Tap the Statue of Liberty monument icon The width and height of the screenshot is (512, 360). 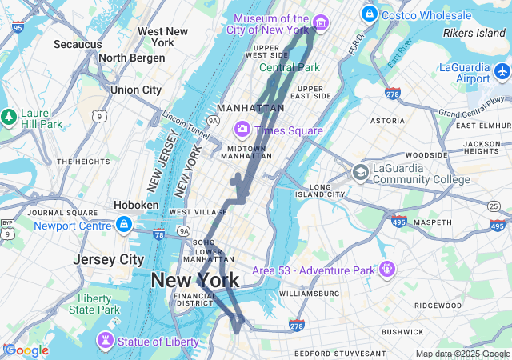[105, 342]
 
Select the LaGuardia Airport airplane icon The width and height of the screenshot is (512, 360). [502, 72]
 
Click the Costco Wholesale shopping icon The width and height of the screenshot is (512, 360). [370, 14]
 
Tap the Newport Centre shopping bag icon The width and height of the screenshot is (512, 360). [123, 225]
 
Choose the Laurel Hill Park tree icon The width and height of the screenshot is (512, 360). [9, 117]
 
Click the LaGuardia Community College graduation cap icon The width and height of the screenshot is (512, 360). [361, 172]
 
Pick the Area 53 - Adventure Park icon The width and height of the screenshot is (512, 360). [387, 268]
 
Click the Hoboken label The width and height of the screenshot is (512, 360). [136, 205]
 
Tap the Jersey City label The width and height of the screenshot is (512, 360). [108, 259]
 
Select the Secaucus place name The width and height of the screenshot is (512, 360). [78, 45]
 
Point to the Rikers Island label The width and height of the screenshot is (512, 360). [474, 34]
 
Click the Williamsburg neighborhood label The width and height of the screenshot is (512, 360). [304, 294]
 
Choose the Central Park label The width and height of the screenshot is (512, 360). [289, 68]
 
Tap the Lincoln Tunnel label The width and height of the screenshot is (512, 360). [186, 124]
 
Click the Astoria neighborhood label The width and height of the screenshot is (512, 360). [387, 121]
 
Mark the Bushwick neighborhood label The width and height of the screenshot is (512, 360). [402, 331]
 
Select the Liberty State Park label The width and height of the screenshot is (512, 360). [94, 304]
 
